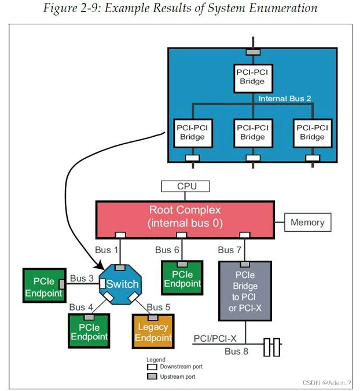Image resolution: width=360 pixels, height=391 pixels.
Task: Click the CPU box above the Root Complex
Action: [185, 187]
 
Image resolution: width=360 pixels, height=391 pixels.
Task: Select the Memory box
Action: [307, 222]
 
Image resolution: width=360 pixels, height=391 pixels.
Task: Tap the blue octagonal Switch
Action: [122, 284]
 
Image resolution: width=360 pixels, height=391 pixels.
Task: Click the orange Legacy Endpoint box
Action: [153, 332]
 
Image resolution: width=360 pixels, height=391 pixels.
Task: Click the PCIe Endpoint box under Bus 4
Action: [89, 331]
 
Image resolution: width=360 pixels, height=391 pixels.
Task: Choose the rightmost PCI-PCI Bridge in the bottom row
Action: [312, 132]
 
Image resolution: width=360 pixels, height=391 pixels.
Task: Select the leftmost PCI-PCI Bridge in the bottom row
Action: [192, 132]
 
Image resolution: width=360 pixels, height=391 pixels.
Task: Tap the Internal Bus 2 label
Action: [285, 98]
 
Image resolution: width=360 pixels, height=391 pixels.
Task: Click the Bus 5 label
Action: [159, 306]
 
